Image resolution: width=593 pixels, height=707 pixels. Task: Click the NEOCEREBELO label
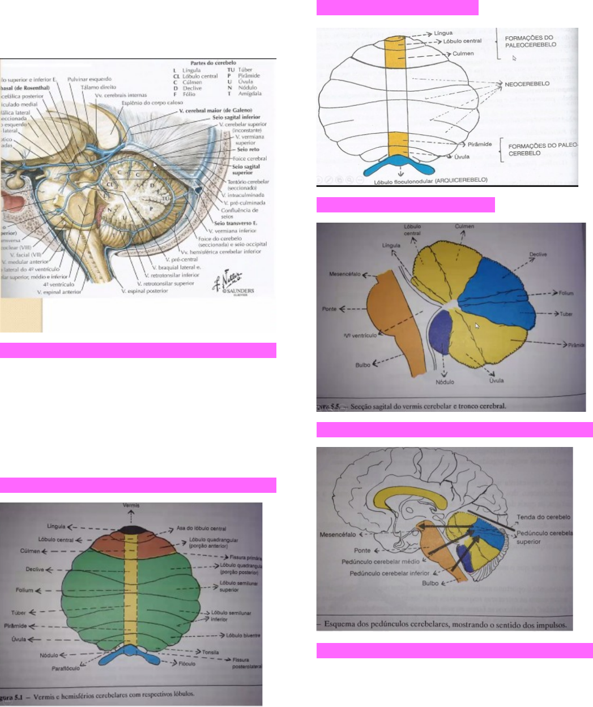coord(527,84)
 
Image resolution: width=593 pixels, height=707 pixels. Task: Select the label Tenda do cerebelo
coord(543,517)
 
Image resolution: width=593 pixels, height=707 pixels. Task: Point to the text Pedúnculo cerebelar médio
coord(380,562)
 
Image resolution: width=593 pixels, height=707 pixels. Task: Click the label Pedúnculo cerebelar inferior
coord(390,573)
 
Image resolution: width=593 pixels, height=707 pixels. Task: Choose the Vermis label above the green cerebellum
coord(131,505)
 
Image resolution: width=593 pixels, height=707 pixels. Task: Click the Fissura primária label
coord(245,557)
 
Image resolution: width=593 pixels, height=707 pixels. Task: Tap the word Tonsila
coord(210,653)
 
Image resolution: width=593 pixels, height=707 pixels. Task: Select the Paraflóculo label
coord(65,668)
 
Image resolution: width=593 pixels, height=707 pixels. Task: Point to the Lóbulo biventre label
coord(243,636)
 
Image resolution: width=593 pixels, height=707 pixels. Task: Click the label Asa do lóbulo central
coord(201,529)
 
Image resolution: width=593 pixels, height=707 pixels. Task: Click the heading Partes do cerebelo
coord(213,63)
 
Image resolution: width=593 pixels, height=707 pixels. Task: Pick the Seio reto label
coord(248,150)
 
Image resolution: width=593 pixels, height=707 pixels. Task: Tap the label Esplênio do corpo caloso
coord(152,103)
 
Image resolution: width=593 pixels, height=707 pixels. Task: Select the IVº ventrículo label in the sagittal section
coord(360,335)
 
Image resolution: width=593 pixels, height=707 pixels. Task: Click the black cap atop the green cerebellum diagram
coord(131,529)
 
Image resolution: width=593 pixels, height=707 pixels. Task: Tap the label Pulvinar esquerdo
coord(89,79)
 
